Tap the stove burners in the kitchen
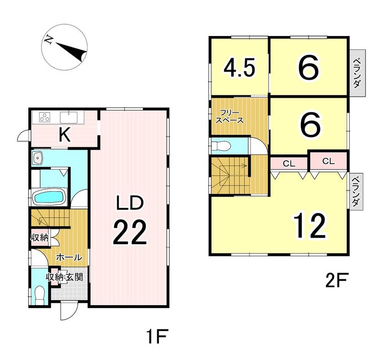point(45,117)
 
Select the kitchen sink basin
point(69,117)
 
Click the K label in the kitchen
point(65,135)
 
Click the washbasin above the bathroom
point(37,158)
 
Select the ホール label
point(69,257)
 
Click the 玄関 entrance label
point(75,277)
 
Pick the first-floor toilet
point(40,295)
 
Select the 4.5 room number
point(240,68)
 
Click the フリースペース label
point(231,117)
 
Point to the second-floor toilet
point(221,146)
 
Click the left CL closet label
point(289,163)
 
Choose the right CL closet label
point(329,162)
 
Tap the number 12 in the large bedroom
point(310,225)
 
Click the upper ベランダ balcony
point(357,73)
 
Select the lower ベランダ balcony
point(356,191)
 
